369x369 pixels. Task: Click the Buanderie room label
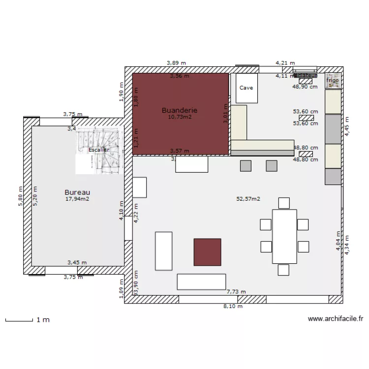[180, 111]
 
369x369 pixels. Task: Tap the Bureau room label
[77, 192]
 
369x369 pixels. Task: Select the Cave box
[246, 88]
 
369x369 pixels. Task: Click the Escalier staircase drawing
[99, 150]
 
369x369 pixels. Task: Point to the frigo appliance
[333, 81]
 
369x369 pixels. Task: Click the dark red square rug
[207, 252]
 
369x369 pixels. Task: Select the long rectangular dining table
[284, 236]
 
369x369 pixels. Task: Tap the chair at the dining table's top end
[284, 203]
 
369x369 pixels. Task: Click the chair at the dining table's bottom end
[283, 270]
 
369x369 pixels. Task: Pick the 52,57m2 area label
[248, 199]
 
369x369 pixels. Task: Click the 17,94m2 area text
[77, 199]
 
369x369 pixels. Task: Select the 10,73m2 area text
[180, 117]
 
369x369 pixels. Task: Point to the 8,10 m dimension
[233, 307]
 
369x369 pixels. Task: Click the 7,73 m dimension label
[236, 292]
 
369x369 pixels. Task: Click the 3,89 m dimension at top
[177, 62]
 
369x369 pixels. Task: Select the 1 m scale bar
[27, 320]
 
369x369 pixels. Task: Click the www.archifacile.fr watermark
[336, 319]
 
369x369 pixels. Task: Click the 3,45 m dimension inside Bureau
[77, 263]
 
